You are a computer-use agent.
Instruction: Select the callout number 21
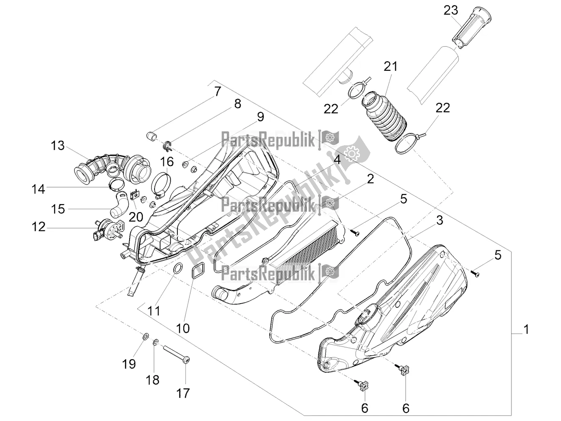tap(390, 67)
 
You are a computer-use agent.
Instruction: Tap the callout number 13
tap(57, 146)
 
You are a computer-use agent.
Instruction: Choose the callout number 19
tap(129, 363)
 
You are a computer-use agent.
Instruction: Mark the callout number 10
tap(183, 328)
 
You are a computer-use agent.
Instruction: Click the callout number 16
tap(167, 162)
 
